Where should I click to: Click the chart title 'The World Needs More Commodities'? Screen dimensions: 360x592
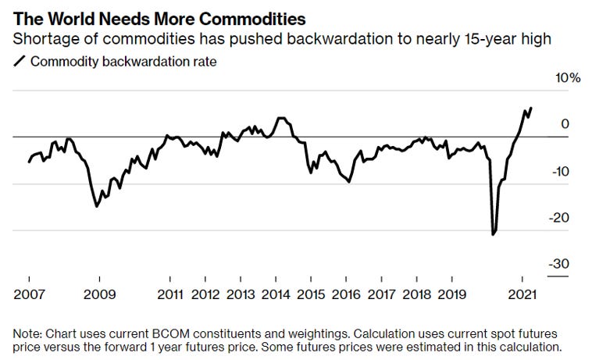(x=159, y=18)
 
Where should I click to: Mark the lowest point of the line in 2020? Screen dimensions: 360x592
(x=493, y=234)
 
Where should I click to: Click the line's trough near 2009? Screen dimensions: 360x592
(x=97, y=206)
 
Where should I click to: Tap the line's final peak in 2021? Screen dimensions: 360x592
(x=531, y=109)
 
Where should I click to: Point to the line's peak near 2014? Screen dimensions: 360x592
(x=280, y=118)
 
